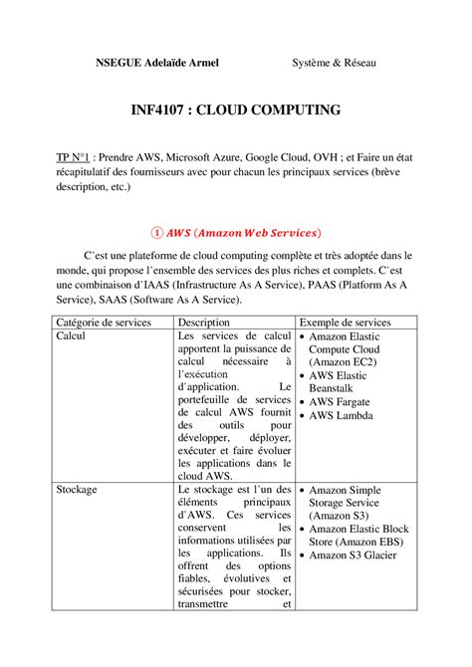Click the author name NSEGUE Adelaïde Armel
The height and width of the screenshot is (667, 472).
point(156,63)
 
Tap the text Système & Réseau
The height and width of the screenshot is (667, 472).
point(334,63)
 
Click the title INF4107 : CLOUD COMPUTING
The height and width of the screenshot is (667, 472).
point(235,110)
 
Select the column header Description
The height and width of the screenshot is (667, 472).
point(207,323)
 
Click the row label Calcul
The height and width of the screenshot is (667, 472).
point(73,336)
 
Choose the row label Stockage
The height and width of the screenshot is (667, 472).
point(78,490)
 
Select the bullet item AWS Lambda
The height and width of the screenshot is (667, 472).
point(346,416)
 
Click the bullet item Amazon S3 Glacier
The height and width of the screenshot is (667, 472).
point(353,555)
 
